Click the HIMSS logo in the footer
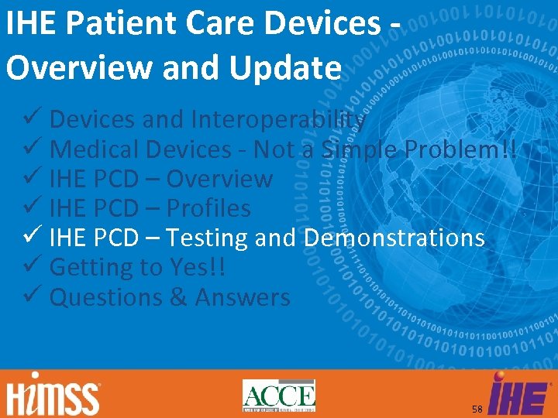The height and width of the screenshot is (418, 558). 54,396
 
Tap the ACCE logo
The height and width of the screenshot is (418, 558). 279,396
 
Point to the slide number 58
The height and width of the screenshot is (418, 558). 477,408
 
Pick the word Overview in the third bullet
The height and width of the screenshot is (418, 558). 219,179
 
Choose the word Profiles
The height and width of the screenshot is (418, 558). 208,208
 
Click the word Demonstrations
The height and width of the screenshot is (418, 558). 394,238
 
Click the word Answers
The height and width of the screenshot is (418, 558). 243,297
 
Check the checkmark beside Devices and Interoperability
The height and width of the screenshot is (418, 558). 32,119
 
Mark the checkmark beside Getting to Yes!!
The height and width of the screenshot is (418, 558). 32,267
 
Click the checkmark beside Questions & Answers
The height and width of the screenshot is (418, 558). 32,296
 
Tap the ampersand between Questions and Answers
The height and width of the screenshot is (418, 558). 177,297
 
